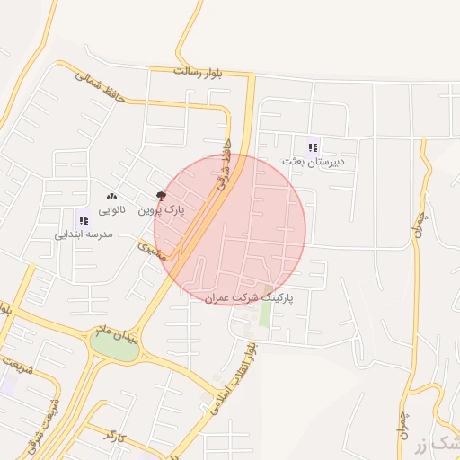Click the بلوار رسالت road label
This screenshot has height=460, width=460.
click(199, 70)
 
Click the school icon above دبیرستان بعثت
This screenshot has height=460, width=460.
click(312, 147)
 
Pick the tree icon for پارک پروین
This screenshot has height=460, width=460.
click(161, 196)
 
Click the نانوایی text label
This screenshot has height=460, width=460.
click(112, 209)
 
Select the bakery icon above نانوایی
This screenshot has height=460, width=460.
click(112, 196)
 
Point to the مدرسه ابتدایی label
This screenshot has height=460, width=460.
click(83, 234)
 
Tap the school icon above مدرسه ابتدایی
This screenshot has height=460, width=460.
click(84, 218)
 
